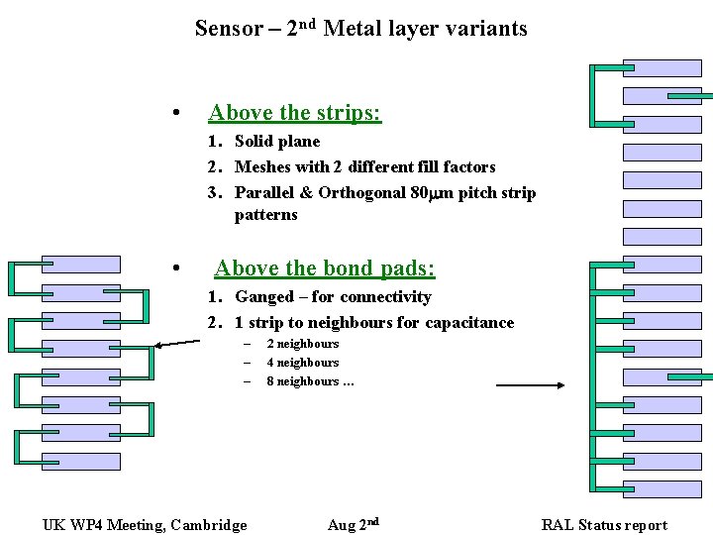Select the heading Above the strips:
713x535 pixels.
(x=294, y=113)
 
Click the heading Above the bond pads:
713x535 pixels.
(x=324, y=268)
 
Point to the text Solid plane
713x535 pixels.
(x=277, y=142)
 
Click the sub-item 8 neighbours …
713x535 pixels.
(x=310, y=381)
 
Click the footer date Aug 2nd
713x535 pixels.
(x=353, y=524)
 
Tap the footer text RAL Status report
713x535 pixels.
(x=604, y=525)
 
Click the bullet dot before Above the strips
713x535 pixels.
(x=174, y=112)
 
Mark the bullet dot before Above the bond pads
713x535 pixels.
(x=174, y=268)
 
